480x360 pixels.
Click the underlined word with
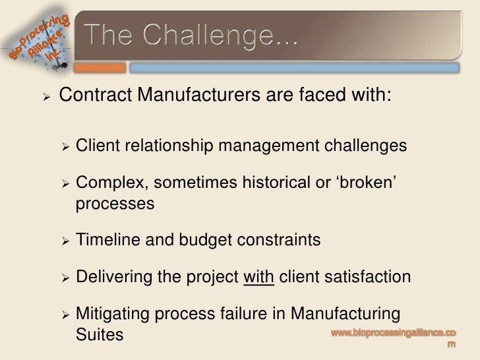258,277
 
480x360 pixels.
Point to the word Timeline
107,240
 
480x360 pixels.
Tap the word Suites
100,334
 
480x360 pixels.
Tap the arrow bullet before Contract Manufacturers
45,96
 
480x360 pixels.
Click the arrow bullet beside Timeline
65,241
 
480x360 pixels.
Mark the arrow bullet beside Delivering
65,278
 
